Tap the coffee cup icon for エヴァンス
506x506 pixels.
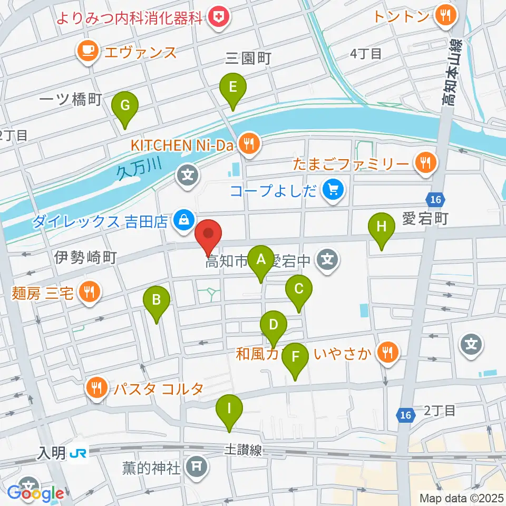click(86, 51)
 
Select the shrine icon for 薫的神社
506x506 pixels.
click(197, 466)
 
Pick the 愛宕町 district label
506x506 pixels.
click(425, 218)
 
